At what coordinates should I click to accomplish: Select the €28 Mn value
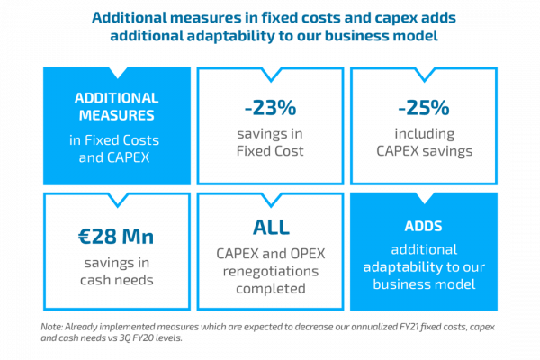114,238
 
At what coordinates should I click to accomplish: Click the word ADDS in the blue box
424,225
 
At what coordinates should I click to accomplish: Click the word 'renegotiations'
269,271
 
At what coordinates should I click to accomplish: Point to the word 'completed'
269,290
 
